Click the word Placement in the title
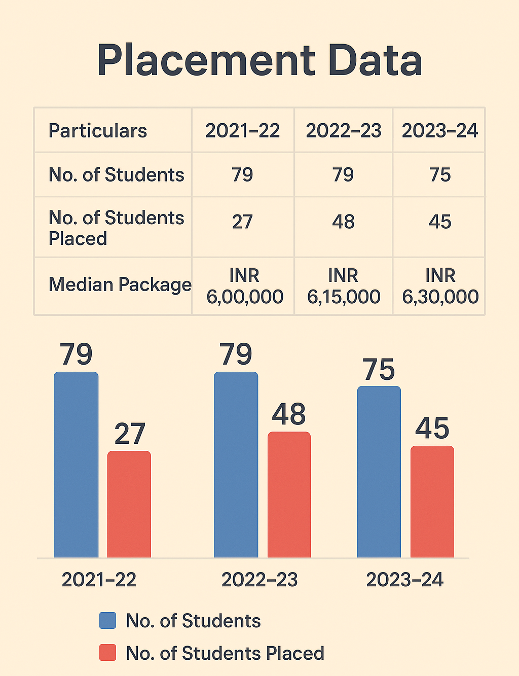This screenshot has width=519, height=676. [206, 61]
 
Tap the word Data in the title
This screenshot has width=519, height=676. [375, 61]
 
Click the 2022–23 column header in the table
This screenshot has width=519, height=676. [343, 131]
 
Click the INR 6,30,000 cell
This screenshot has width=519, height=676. [440, 286]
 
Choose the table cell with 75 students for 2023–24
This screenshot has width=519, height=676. [439, 175]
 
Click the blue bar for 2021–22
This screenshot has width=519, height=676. [76, 465]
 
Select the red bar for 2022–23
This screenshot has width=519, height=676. [289, 494]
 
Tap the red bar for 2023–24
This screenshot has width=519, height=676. [432, 502]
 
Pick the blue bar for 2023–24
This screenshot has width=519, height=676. [379, 472]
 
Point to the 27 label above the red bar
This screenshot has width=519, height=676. [130, 434]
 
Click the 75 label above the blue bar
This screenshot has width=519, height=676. [379, 370]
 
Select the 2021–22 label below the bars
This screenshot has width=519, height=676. [99, 580]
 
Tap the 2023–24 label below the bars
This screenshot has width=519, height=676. [404, 580]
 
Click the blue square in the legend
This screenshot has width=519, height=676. [107, 620]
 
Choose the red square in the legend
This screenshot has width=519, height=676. [107, 653]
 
